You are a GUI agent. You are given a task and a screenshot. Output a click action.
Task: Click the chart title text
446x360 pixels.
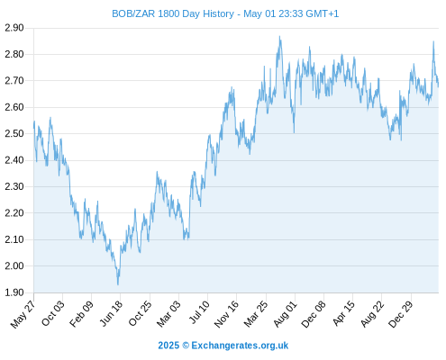click(x=225, y=13)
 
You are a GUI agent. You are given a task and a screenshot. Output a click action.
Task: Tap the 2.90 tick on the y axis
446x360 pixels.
click(x=14, y=28)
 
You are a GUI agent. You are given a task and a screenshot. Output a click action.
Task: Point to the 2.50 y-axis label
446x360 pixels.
click(x=14, y=133)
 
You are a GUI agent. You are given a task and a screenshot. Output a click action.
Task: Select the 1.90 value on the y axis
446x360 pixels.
click(x=14, y=292)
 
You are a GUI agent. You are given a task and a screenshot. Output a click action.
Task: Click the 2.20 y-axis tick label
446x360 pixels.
click(x=14, y=213)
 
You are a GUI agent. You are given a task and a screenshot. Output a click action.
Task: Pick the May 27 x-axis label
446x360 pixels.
click(x=23, y=314)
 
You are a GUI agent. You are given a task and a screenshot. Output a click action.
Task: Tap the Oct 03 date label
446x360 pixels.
click(x=52, y=313)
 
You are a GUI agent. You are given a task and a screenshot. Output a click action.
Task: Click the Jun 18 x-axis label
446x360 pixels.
click(x=111, y=313)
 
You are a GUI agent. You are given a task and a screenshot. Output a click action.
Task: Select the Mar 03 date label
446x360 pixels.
click(x=168, y=313)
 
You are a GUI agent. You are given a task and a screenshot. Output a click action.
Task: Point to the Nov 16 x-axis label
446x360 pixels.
click(x=226, y=314)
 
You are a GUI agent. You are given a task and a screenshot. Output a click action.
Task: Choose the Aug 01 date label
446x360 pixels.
click(x=285, y=313)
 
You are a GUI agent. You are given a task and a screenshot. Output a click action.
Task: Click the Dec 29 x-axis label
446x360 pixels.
click(x=401, y=314)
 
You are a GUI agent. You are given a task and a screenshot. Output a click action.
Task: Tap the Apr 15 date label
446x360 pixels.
click(x=343, y=313)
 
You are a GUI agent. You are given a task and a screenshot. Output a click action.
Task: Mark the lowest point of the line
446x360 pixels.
click(x=118, y=284)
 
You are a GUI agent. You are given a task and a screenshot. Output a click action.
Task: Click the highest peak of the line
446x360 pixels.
click(x=279, y=36)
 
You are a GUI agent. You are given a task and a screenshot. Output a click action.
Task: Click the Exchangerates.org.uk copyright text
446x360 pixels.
click(x=223, y=346)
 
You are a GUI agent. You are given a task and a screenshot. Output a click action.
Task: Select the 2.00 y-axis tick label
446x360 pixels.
click(x=14, y=265)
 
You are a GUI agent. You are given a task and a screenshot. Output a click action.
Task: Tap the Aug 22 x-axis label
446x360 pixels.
click(x=372, y=313)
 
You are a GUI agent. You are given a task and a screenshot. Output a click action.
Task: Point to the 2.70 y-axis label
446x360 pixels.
click(x=14, y=81)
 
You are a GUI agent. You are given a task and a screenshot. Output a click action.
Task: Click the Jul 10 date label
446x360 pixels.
click(x=199, y=312)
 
